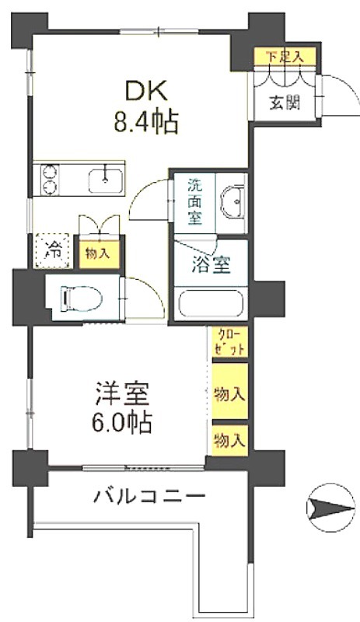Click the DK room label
pyautogui.click(x=146, y=92)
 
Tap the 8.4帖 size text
pyautogui.click(x=145, y=123)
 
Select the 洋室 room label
pyautogui.click(x=122, y=393)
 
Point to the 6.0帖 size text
pyautogui.click(x=121, y=423)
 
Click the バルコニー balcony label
pyautogui.click(x=149, y=496)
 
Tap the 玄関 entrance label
pyautogui.click(x=285, y=103)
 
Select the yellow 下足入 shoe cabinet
pyautogui.click(x=285, y=56)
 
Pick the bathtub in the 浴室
pyautogui.click(x=211, y=303)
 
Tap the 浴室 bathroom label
pyautogui.click(x=211, y=265)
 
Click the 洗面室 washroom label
pyautogui.click(x=194, y=202)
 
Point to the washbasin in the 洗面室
pyautogui.click(x=233, y=201)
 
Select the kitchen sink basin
pyautogui.click(x=105, y=180)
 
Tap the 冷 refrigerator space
pyautogui.click(x=53, y=250)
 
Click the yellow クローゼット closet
pyautogui.click(x=230, y=342)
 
